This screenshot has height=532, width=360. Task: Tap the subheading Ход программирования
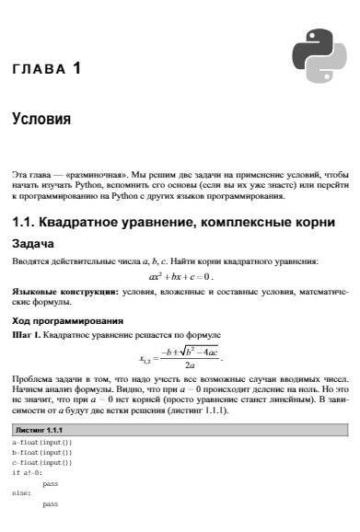pyautogui.click(x=67, y=320)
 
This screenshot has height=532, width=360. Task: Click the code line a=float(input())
pyautogui.click(x=42, y=444)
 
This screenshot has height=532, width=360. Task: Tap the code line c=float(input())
pyautogui.click(x=42, y=463)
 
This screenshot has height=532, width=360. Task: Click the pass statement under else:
pyautogui.click(x=50, y=504)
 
